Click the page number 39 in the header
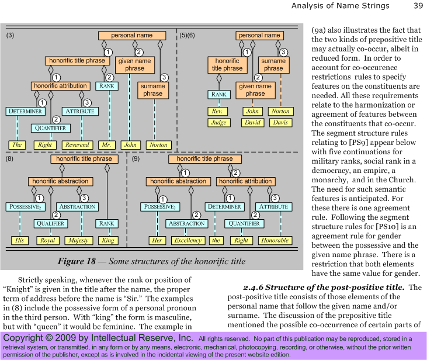click(418, 6)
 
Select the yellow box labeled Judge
click(219, 123)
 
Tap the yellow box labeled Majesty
click(78, 240)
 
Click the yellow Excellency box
click(188, 240)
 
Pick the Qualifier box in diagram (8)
click(51, 224)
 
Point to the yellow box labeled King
click(108, 240)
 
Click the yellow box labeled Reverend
click(77, 145)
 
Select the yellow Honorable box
click(275, 240)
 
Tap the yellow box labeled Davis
click(280, 123)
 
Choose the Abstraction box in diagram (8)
click(77, 207)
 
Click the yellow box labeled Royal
click(48, 240)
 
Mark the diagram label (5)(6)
click(188, 36)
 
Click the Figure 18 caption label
click(77, 261)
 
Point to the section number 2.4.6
click(253, 288)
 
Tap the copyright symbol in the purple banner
click(49, 338)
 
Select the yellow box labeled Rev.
click(217, 112)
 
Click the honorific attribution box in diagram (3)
click(60, 86)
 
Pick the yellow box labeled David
click(253, 123)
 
